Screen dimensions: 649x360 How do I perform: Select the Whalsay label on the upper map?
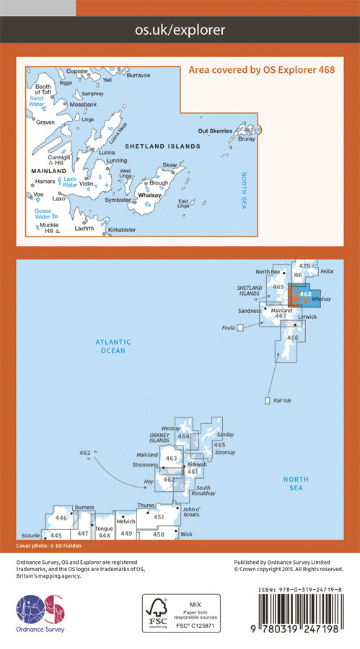tap(149, 195)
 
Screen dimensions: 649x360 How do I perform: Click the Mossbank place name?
tap(84, 105)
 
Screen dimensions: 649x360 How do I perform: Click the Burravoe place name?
tap(136, 75)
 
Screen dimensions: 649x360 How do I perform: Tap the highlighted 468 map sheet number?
tap(305, 293)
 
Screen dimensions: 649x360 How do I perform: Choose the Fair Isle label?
tap(280, 400)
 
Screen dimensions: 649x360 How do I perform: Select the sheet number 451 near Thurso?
tap(159, 517)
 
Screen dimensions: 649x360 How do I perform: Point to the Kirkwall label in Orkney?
tap(197, 464)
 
